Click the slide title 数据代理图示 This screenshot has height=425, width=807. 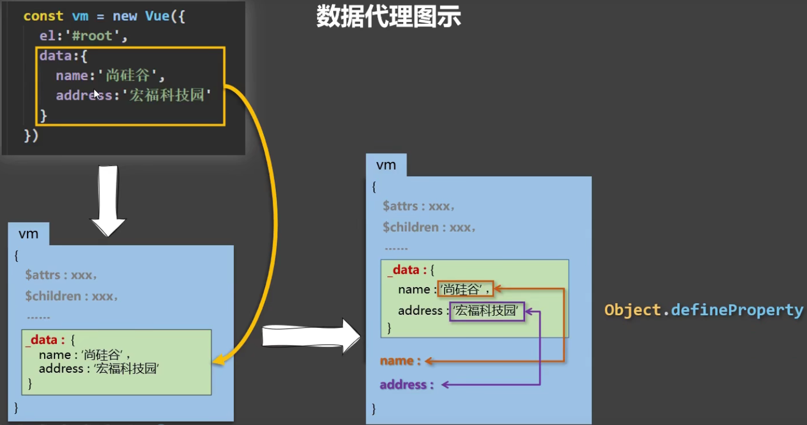(x=388, y=17)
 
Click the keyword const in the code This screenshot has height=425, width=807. (x=43, y=16)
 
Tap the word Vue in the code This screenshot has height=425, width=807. (x=157, y=16)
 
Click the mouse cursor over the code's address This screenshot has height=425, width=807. (x=97, y=94)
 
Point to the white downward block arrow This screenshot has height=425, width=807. (x=108, y=202)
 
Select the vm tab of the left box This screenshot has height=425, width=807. (x=29, y=234)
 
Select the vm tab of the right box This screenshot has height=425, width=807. (x=386, y=165)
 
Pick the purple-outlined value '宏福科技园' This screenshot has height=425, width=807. (x=487, y=311)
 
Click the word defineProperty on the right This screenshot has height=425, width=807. (x=737, y=310)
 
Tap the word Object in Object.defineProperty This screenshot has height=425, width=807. (x=633, y=310)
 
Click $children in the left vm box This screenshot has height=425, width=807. (x=53, y=297)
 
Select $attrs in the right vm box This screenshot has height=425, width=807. (x=402, y=206)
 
